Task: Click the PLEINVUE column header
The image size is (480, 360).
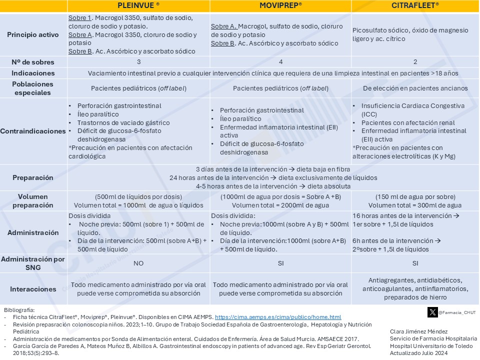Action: point(138,5)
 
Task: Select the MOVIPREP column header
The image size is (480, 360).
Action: point(280,5)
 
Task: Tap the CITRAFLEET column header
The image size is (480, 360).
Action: point(415,5)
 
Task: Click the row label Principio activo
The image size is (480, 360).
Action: point(33,34)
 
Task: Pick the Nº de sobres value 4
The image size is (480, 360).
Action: point(280,62)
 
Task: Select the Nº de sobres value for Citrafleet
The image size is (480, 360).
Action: point(415,62)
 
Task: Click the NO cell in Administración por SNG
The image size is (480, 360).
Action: point(138,263)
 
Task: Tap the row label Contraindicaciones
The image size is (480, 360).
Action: point(33,131)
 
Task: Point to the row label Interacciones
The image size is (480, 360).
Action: point(33,289)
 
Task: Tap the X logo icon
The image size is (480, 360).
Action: point(432,312)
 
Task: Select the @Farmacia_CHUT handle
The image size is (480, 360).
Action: point(457,312)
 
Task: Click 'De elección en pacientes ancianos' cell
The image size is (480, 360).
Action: point(415,88)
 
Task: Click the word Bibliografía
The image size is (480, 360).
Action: point(19,310)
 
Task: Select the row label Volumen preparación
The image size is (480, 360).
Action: point(33,201)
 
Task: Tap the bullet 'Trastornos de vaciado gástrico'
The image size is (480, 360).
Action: point(123,122)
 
